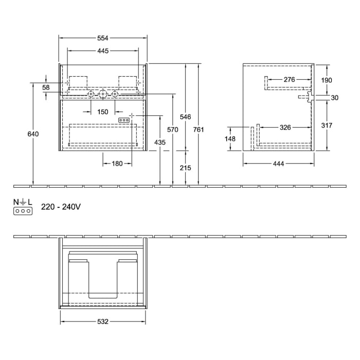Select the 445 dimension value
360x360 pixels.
(103, 51)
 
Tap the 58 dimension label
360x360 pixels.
(46, 88)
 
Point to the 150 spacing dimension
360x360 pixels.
(103, 112)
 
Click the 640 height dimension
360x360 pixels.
(33, 134)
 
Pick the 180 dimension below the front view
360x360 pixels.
(117, 164)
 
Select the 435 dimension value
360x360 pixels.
(160, 142)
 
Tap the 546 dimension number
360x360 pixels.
(186, 116)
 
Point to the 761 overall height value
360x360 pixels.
(199, 130)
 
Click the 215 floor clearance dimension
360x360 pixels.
(186, 168)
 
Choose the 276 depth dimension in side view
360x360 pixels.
(289, 80)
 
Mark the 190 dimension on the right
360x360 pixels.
(327, 80)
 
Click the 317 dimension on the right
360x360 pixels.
(327, 125)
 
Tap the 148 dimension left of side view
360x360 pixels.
(230, 139)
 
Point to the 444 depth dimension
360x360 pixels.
(278, 164)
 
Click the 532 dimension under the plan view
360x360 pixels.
(103, 321)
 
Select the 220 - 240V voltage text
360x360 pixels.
(61, 207)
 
